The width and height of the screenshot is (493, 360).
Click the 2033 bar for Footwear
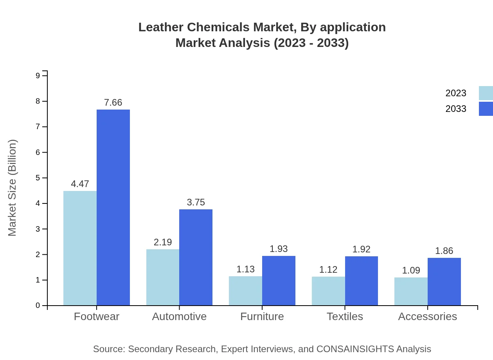[x=113, y=207]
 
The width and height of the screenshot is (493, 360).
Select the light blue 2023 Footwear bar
[x=80, y=248]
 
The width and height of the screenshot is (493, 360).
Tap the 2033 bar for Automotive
[x=196, y=257]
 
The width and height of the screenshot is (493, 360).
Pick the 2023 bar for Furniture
[x=245, y=291]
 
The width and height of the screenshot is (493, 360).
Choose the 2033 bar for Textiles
[x=361, y=281]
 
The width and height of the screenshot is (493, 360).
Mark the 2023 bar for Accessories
[x=411, y=291]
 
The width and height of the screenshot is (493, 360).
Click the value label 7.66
[x=113, y=103]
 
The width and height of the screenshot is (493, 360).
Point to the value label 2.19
[x=163, y=242]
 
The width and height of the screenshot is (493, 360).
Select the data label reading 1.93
[x=279, y=249]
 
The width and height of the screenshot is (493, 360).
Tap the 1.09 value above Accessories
[x=411, y=270]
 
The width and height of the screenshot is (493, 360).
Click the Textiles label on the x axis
[x=345, y=316]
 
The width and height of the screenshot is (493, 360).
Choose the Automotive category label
[x=179, y=316]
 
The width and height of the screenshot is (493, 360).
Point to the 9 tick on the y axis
[x=38, y=76]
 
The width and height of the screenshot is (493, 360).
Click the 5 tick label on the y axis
[x=38, y=178]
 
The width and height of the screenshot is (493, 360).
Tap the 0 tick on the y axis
[x=38, y=306]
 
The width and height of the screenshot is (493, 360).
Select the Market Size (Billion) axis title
[x=13, y=188]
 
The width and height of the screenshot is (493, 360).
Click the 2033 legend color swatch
[x=486, y=109]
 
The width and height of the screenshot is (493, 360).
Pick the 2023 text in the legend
[x=456, y=93]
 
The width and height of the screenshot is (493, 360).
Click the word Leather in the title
[x=161, y=27]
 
